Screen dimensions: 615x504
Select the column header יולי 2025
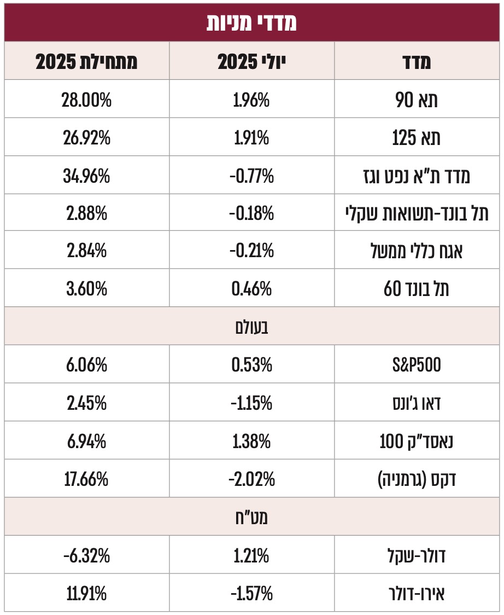pyautogui.click(x=252, y=61)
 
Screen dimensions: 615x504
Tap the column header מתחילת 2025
pyautogui.click(x=86, y=61)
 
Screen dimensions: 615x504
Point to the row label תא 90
pyautogui.click(x=418, y=100)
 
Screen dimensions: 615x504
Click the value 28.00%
pyautogui.click(x=86, y=100)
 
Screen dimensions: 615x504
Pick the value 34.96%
pyautogui.click(x=86, y=176)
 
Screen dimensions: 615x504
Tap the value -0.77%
pyautogui.click(x=252, y=176)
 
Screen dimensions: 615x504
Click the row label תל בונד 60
pyautogui.click(x=418, y=289)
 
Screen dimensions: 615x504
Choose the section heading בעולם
pyautogui.click(x=252, y=328)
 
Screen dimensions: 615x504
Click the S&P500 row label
pyautogui.click(x=418, y=365)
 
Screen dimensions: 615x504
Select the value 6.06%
pyautogui.click(x=86, y=365)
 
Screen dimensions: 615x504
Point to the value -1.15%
pyautogui.click(x=252, y=403)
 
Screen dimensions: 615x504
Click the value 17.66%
pyautogui.click(x=86, y=479)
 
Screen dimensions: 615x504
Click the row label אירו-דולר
pyautogui.click(x=418, y=593)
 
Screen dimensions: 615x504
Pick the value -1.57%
pyautogui.click(x=252, y=593)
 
